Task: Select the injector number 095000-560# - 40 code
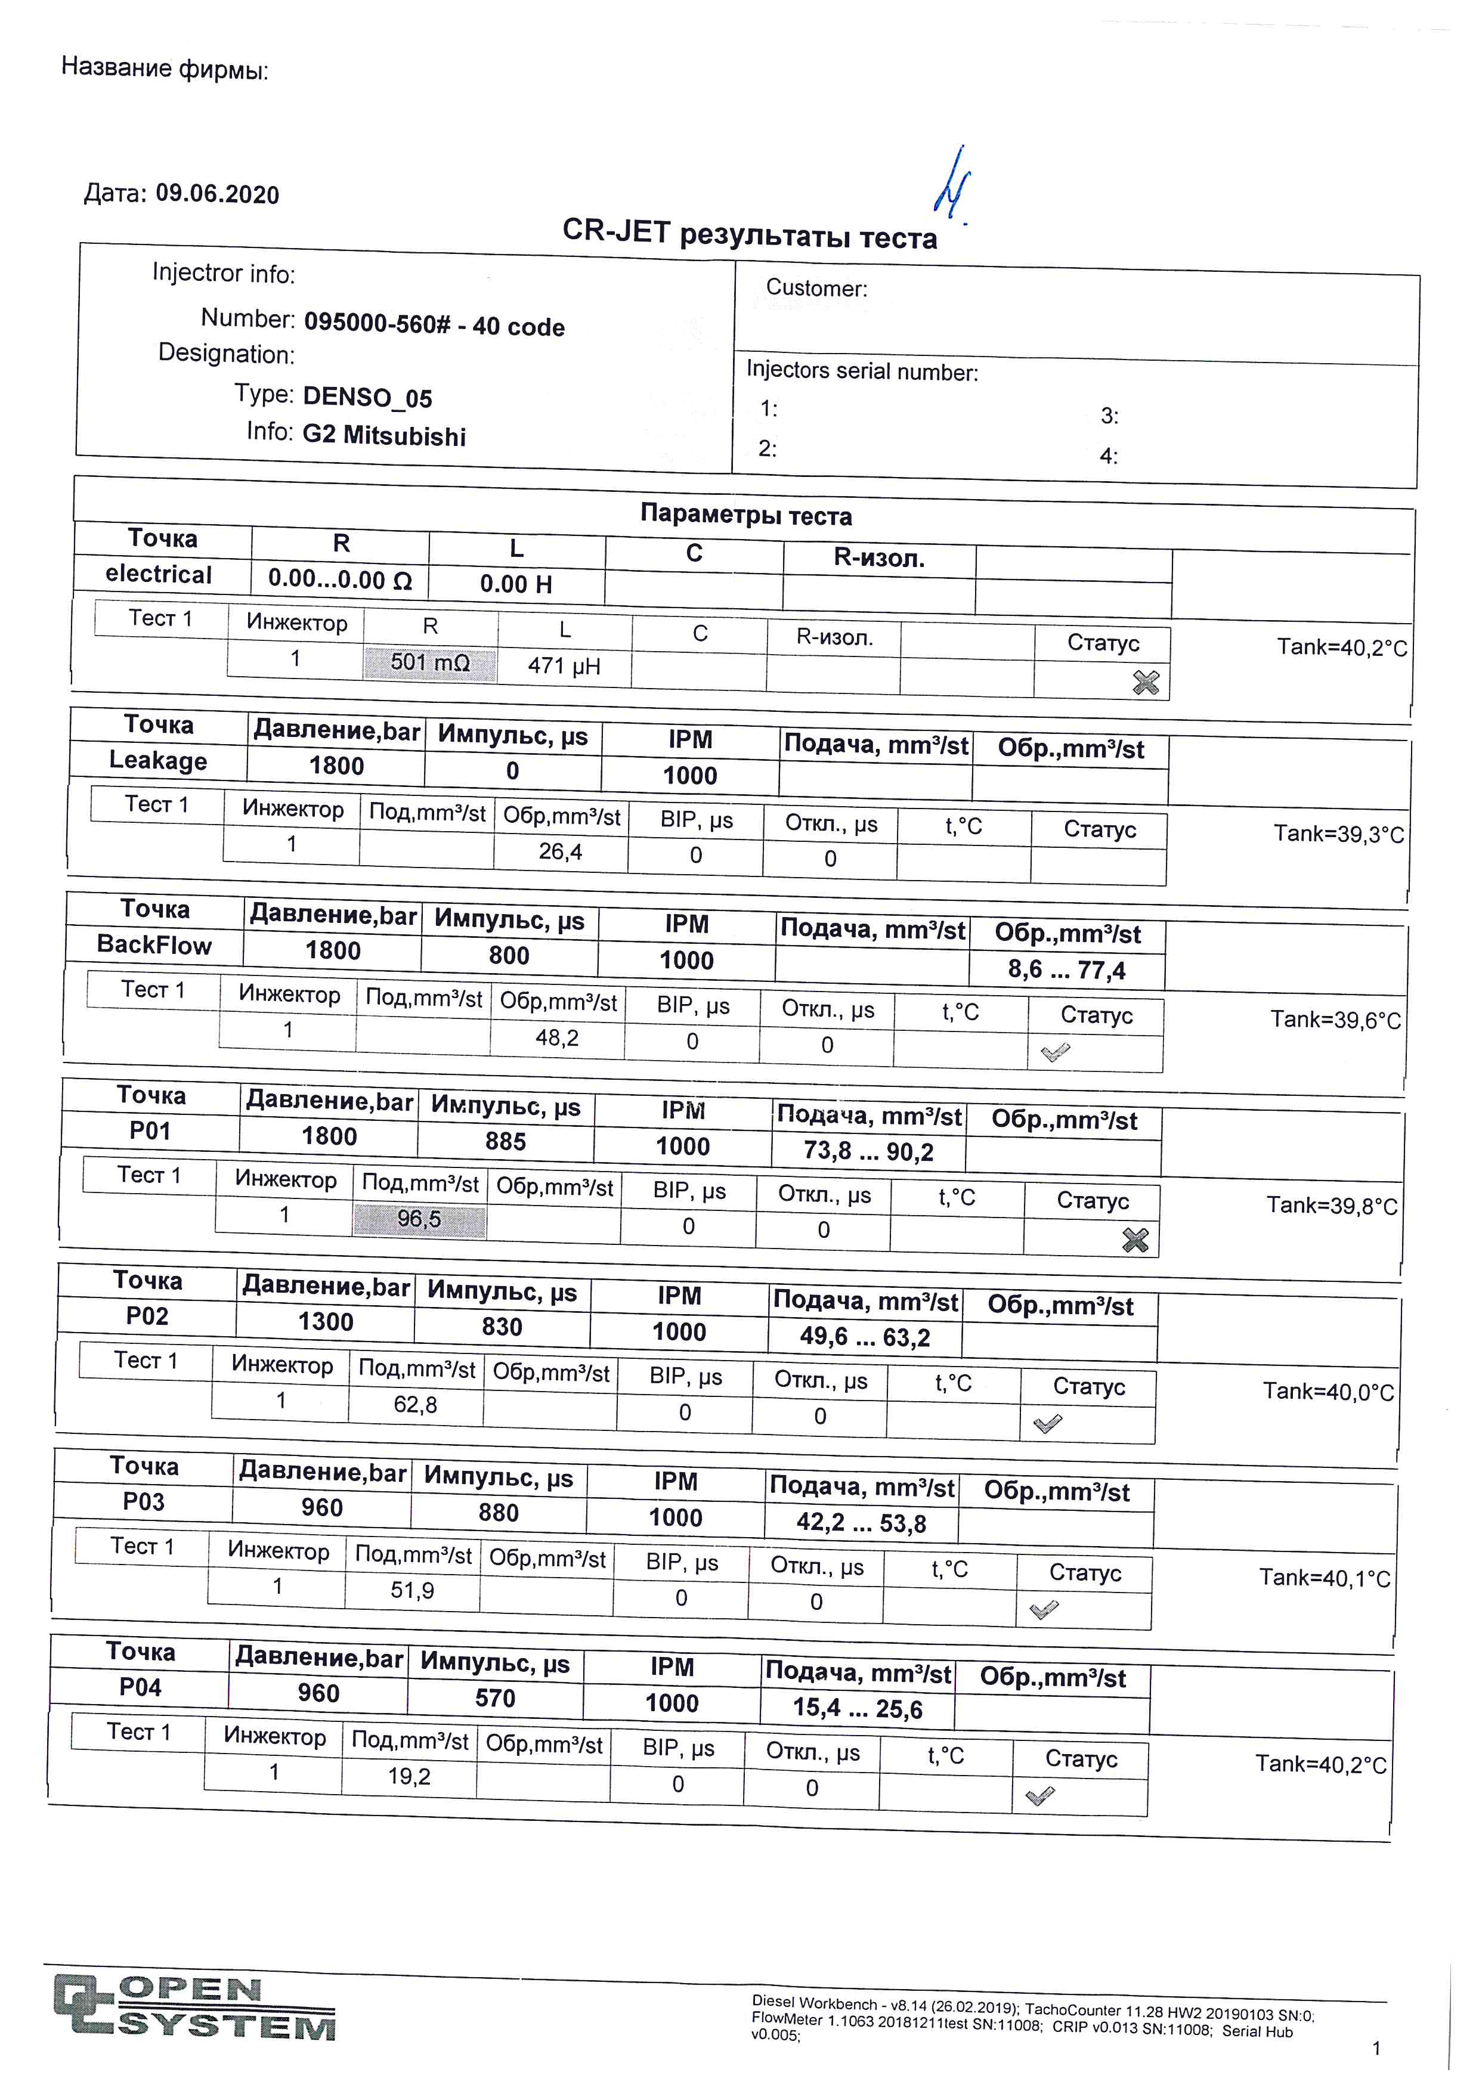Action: (x=434, y=325)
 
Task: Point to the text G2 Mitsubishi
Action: (x=383, y=435)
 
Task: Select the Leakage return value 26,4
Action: (x=560, y=851)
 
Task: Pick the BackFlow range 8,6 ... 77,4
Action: (x=1066, y=970)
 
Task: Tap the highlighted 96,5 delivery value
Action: (x=419, y=1219)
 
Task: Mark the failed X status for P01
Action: (x=1135, y=1240)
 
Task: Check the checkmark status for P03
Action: (x=1044, y=1610)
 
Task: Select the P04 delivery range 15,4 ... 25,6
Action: (x=857, y=1708)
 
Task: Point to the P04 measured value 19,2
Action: (x=409, y=1776)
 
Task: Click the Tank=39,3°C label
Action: (x=1338, y=834)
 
